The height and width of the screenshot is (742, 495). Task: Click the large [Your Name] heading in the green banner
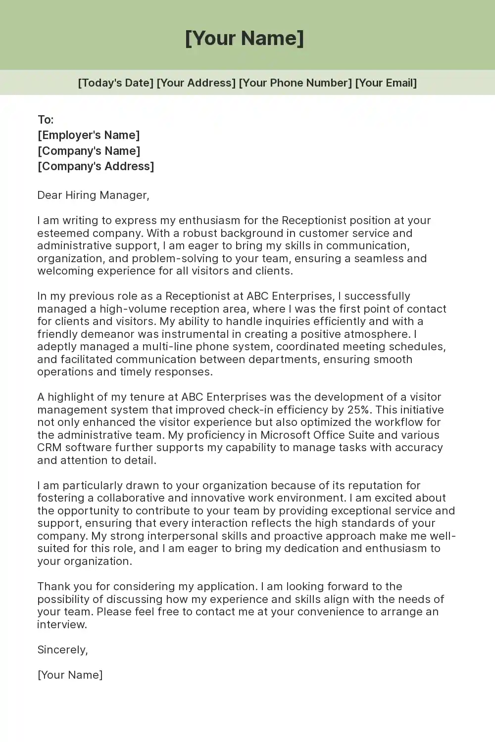[245, 38]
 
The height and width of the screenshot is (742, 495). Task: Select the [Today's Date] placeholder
[115, 83]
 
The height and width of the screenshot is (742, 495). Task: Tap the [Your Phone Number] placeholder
[295, 83]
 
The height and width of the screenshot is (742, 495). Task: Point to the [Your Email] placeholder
[386, 83]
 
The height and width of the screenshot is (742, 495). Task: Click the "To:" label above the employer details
[46, 120]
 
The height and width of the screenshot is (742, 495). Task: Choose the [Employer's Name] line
[89, 135]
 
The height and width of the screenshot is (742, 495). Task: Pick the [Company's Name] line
[89, 151]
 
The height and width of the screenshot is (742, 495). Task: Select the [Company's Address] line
[96, 166]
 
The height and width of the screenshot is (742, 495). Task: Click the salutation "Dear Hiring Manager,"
[93, 195]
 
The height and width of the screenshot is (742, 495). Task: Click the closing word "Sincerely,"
[62, 649]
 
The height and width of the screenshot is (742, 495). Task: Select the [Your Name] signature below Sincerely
[70, 675]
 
